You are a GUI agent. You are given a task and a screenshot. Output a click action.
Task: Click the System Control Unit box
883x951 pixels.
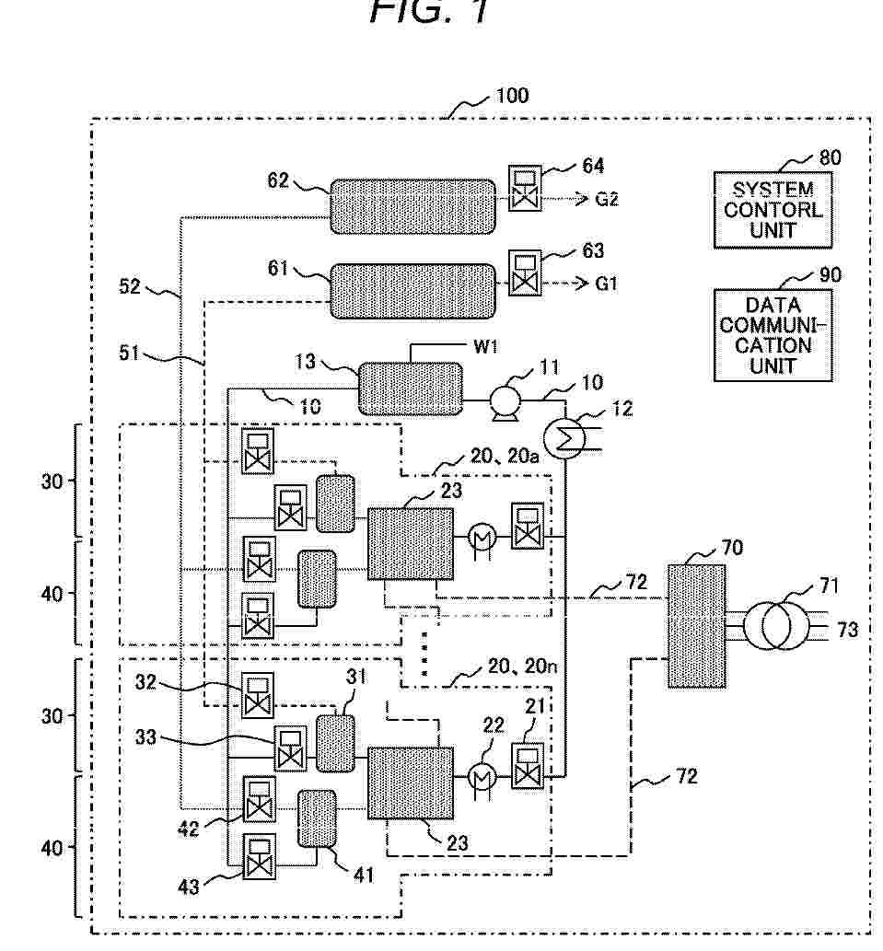tap(773, 210)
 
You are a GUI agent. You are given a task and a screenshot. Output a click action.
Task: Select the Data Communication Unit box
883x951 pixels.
tap(773, 335)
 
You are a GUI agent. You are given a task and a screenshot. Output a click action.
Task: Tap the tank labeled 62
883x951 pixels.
tap(412, 206)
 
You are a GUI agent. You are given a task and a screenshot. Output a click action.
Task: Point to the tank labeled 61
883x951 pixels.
tap(412, 291)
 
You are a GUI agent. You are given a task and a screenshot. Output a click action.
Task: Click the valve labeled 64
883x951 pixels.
tap(525, 188)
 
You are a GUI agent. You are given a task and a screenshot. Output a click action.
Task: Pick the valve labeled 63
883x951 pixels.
tap(525, 273)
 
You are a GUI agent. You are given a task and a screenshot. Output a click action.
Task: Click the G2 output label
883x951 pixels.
tap(607, 199)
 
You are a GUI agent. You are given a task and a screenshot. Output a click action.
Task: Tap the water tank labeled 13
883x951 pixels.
tap(410, 389)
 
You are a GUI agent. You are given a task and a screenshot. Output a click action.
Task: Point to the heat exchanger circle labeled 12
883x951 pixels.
tap(563, 440)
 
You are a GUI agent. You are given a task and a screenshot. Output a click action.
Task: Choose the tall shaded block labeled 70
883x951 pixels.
tap(697, 626)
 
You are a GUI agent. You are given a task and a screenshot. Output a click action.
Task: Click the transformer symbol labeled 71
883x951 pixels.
tap(775, 627)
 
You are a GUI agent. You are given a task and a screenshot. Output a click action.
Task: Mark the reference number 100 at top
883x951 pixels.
tap(513, 96)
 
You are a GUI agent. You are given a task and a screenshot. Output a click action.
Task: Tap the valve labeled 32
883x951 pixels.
tap(258, 694)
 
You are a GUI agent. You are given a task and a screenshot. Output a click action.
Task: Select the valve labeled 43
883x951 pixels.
tap(259, 856)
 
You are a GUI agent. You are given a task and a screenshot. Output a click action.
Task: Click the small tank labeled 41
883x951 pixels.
tap(317, 818)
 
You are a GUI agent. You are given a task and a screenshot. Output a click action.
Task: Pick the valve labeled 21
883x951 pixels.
tap(528, 765)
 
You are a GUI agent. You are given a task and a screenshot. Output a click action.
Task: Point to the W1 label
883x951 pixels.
tap(486, 346)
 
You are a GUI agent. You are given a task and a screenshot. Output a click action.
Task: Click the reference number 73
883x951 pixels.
tap(848, 630)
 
